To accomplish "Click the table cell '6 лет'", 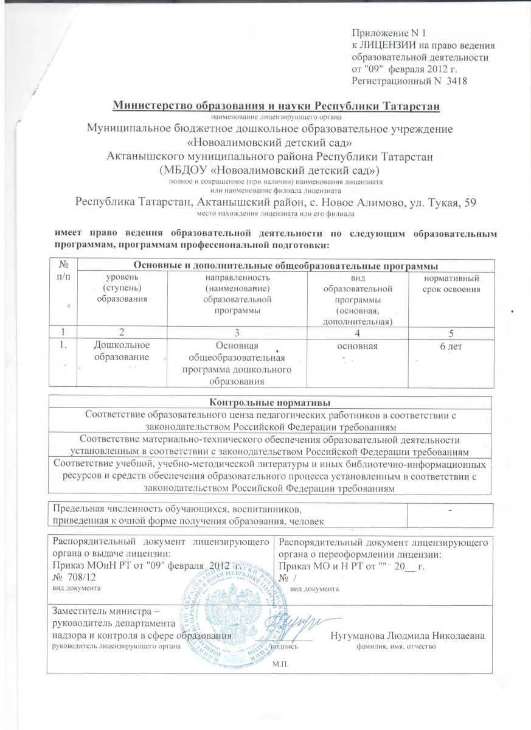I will [451, 346].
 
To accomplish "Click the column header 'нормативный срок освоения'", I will [451, 283].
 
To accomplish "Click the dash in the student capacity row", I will [450, 510].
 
